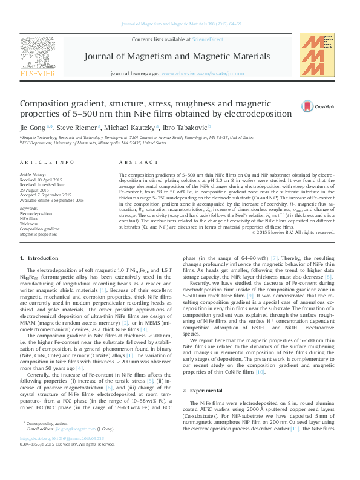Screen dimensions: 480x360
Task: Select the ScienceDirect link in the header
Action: click(x=208, y=39)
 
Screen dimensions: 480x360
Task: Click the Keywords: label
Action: click(x=29, y=209)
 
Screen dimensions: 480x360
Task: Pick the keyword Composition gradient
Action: click(x=40, y=229)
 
